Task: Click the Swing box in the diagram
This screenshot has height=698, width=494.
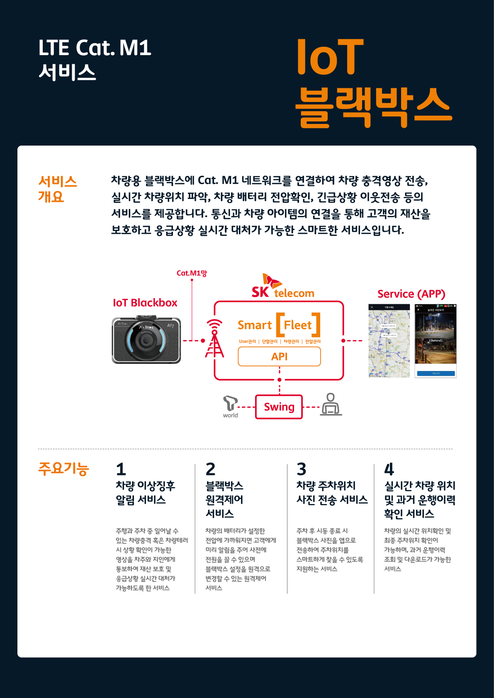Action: [x=279, y=407]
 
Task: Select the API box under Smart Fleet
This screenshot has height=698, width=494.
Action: [x=279, y=356]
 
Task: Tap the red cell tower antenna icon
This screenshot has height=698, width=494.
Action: [x=214, y=339]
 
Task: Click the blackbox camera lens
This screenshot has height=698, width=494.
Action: [x=146, y=340]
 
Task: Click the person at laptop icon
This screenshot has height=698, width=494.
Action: [x=331, y=405]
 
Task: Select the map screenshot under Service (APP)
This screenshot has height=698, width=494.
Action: [x=389, y=341]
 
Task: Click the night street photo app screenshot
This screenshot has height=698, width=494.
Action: [x=435, y=341]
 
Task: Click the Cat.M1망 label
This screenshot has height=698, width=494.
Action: [x=192, y=273]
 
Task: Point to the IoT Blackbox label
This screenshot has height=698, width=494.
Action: [x=145, y=303]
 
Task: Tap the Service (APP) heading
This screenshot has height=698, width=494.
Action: [x=411, y=294]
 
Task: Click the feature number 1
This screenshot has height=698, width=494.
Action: [x=121, y=469]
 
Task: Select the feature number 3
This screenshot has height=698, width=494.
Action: [x=302, y=469]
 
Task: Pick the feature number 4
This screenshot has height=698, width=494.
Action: [x=389, y=469]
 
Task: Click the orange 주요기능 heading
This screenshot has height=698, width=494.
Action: [x=63, y=468]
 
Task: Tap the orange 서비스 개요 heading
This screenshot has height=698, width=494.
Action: [x=57, y=189]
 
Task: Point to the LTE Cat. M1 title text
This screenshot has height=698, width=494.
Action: [x=95, y=48]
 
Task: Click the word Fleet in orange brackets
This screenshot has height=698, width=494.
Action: [x=298, y=325]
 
